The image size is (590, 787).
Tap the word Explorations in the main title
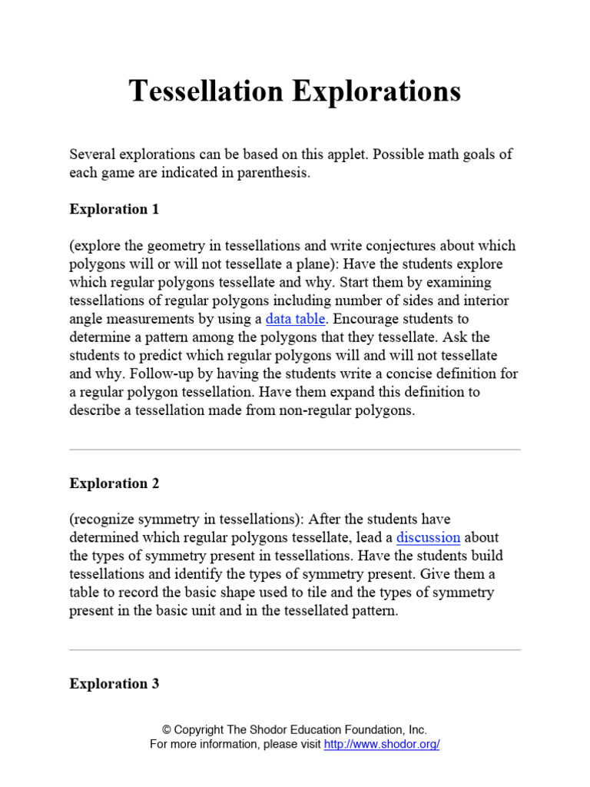pos(376,91)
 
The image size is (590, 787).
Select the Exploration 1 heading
pos(114,209)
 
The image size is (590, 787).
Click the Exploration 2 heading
pos(114,483)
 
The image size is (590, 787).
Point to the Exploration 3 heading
pos(114,683)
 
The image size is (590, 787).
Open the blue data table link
pos(296,319)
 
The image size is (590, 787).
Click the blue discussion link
pos(428,538)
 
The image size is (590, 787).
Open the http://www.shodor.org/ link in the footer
pos(382,745)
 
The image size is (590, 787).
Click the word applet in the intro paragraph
pos(343,154)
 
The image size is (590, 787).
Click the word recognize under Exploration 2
pos(105,520)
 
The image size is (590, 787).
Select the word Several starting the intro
pos(92,154)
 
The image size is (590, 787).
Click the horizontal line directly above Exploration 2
pos(295,450)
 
